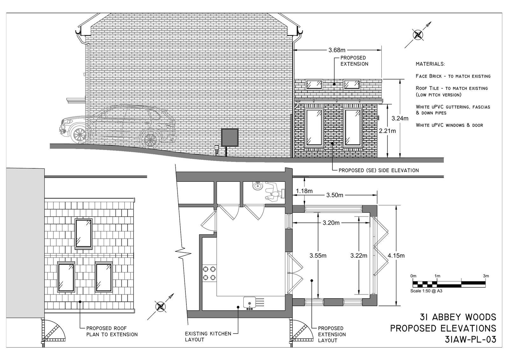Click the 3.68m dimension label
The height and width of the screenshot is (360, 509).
click(337, 50)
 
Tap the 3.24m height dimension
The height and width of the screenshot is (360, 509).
click(400, 118)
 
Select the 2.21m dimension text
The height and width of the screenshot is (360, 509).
click(387, 131)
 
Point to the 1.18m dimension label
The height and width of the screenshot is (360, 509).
click(304, 191)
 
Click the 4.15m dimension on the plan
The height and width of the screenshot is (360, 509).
click(396, 255)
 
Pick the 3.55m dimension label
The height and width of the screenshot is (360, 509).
click(318, 255)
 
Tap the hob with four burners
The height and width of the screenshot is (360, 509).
click(209, 273)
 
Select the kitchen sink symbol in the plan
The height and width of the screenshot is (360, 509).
click(250, 302)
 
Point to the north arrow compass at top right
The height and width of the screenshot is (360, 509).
click(418, 34)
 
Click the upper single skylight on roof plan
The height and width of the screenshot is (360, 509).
click(84, 234)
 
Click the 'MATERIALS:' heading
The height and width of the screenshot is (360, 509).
click(430, 64)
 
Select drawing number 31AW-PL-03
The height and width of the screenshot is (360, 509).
click(471, 339)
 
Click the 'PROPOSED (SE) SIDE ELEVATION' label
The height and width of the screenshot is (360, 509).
click(379, 170)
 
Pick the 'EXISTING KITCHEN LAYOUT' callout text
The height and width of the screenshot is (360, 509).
click(208, 336)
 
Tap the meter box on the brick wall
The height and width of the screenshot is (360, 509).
click(230, 137)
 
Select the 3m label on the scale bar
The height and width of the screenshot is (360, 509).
click(485, 276)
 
